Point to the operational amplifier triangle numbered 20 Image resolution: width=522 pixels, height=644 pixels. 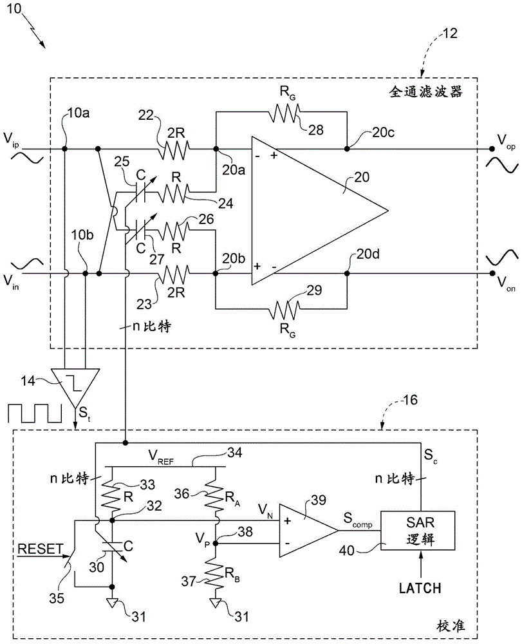coord(309,211)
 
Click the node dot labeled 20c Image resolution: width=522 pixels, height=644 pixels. coord(347,149)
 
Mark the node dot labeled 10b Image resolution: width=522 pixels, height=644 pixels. coord(86,274)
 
